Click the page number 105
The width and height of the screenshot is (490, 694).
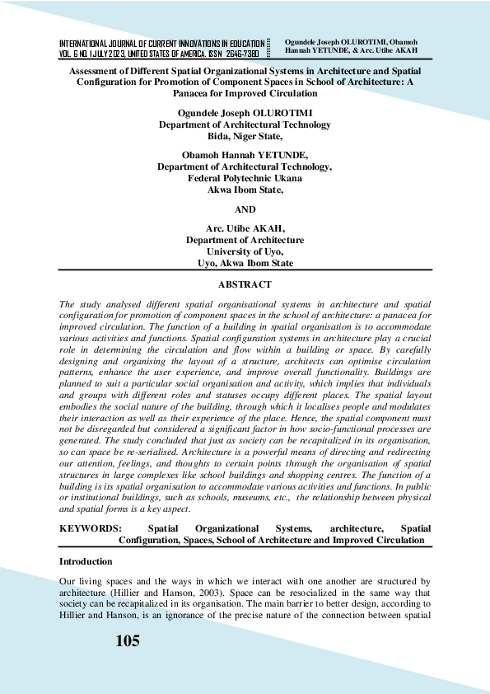[x=128, y=641]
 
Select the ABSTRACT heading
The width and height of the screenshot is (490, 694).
[x=245, y=284]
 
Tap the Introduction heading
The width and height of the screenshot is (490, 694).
[x=86, y=561]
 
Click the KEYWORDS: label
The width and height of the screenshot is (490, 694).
[x=91, y=528]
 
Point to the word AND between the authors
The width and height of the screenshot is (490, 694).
[x=245, y=209]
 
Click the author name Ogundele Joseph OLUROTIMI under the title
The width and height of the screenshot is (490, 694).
[x=245, y=112]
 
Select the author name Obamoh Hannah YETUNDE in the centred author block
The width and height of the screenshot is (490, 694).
[x=245, y=153]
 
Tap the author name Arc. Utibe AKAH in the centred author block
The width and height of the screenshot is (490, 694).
[x=245, y=227]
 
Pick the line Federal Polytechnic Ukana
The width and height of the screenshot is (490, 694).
[x=245, y=177]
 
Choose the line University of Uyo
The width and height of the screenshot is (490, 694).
[x=245, y=251]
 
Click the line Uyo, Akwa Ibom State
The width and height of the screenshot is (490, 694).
[x=245, y=264]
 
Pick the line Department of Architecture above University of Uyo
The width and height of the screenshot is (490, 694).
[x=245, y=240]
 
